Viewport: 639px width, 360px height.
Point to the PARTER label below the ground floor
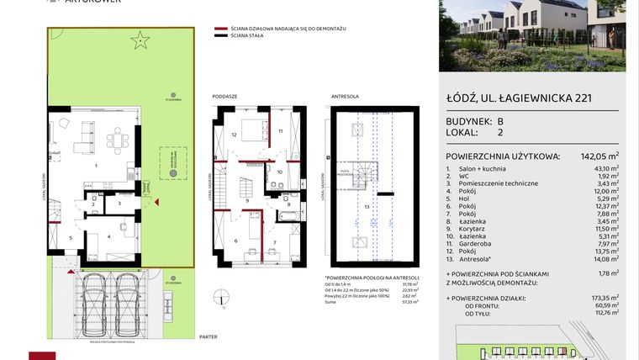(x=209, y=336)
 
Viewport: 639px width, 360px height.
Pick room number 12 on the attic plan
(x=235, y=135)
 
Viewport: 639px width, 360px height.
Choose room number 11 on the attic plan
(x=280, y=131)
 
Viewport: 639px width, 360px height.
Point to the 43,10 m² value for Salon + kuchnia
(x=605, y=169)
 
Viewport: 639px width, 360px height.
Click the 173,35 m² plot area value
(x=605, y=297)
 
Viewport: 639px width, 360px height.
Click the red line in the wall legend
(x=221, y=29)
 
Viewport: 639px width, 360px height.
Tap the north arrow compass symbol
(x=221, y=295)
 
